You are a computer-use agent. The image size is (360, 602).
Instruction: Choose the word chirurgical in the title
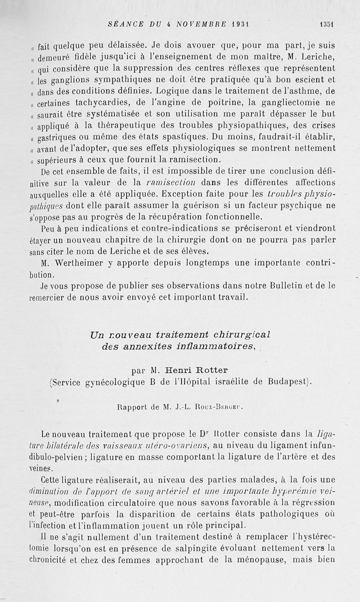[239, 335]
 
